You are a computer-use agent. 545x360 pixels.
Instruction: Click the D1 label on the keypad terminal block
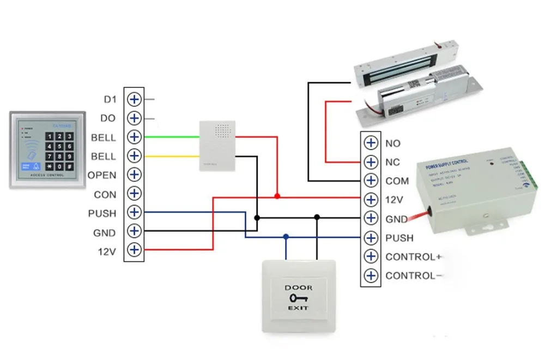coord(110,100)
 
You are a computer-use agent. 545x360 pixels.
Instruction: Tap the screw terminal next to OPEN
coord(134,175)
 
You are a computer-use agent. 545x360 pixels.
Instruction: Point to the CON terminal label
coord(105,194)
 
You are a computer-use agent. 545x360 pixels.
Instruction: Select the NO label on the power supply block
coord(392,143)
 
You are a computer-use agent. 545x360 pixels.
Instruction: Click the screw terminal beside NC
coord(371,162)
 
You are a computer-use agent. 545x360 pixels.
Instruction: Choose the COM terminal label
coord(397,181)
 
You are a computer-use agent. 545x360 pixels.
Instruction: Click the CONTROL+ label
coord(413,257)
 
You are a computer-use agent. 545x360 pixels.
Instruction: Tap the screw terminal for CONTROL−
coord(371,275)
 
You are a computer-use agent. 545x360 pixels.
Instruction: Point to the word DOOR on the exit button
coord(298,287)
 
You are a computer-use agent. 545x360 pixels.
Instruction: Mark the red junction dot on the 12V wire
coord(277,196)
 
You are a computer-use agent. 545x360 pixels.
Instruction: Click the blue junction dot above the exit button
coord(286,237)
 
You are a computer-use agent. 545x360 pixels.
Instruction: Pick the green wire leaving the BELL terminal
coord(169,137)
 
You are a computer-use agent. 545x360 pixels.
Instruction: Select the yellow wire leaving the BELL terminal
coord(169,156)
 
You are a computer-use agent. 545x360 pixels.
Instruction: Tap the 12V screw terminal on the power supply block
coord(371,200)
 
